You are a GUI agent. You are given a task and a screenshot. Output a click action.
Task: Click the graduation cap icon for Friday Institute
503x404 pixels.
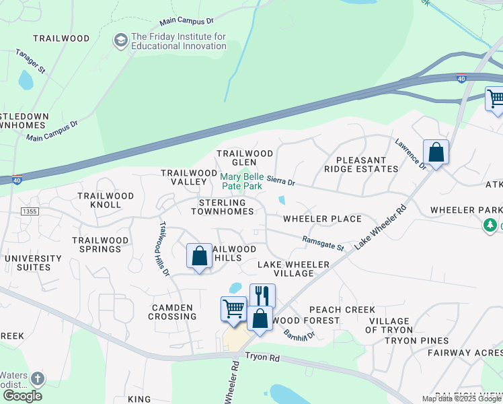pyautogui.click(x=121, y=40)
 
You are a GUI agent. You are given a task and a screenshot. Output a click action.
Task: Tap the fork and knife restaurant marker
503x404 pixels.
pyautogui.click(x=262, y=295)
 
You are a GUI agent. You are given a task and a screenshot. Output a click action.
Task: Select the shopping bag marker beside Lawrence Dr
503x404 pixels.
pyautogui.click(x=436, y=152)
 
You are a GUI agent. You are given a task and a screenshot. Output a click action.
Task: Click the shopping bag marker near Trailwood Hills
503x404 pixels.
pyautogui.click(x=199, y=257)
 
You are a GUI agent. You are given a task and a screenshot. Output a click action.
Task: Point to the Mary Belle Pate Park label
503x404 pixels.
pyautogui.click(x=242, y=180)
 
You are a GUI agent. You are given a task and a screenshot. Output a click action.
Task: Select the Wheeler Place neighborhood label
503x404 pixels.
pyautogui.click(x=322, y=219)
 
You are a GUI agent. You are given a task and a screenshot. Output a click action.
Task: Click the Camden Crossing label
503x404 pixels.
pyautogui.click(x=172, y=312)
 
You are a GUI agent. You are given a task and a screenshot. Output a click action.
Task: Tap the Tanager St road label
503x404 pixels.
pyautogui.click(x=31, y=61)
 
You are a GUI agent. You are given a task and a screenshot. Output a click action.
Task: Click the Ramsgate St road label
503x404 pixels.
pyautogui.click(x=323, y=243)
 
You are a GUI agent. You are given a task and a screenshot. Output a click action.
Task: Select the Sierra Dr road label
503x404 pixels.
pyautogui.click(x=280, y=181)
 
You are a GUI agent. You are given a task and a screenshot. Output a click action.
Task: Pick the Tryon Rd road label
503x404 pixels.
pyautogui.click(x=262, y=358)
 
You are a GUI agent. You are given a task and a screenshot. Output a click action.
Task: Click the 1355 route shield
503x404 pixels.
pyautogui.click(x=29, y=211)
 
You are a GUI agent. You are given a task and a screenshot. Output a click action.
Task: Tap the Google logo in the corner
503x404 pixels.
pyautogui.click(x=22, y=396)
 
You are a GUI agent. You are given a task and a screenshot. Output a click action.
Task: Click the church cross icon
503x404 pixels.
pyautogui.click(x=38, y=378)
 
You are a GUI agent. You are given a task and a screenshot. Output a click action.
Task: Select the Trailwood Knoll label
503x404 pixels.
pyautogui.click(x=106, y=200)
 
